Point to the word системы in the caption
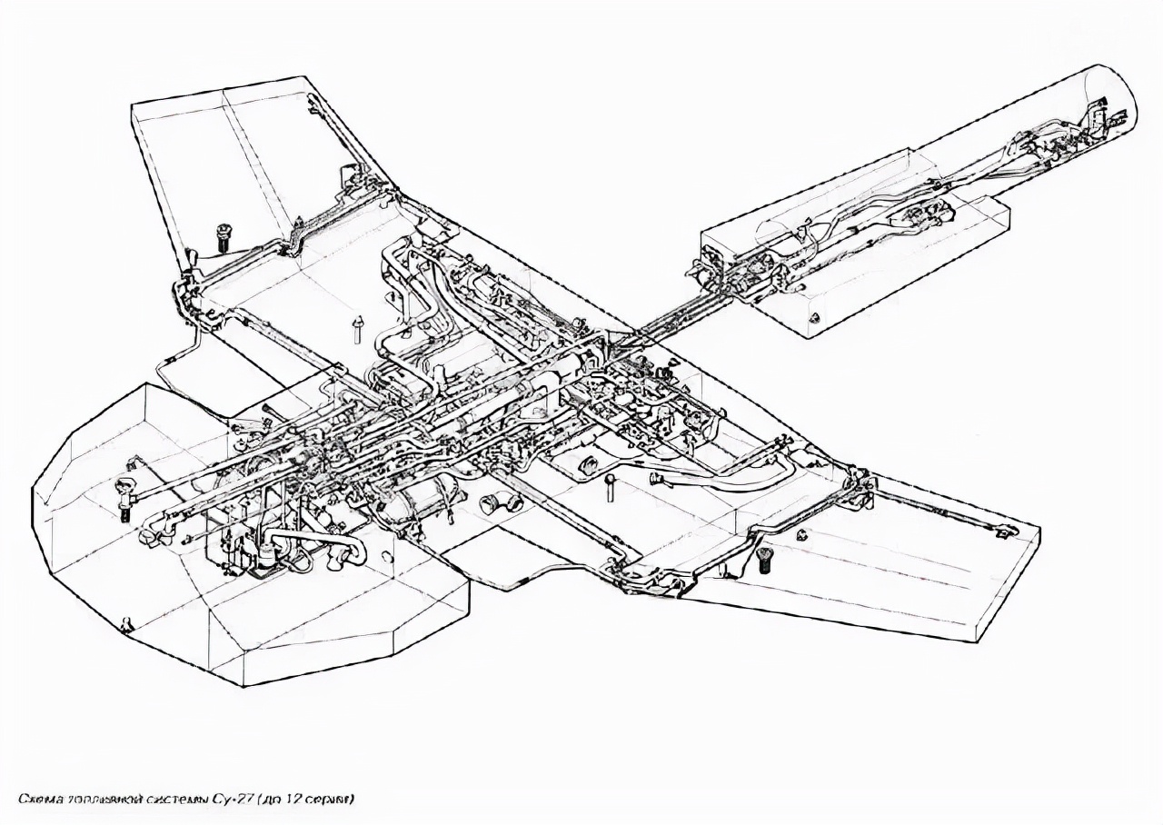[x=180, y=800]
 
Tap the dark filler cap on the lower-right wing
[x=765, y=561]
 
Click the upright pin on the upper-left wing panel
[x=357, y=327]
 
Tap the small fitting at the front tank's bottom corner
[x=126, y=624]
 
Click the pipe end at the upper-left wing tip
[x=312, y=102]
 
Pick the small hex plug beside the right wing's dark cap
[x=803, y=534]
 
